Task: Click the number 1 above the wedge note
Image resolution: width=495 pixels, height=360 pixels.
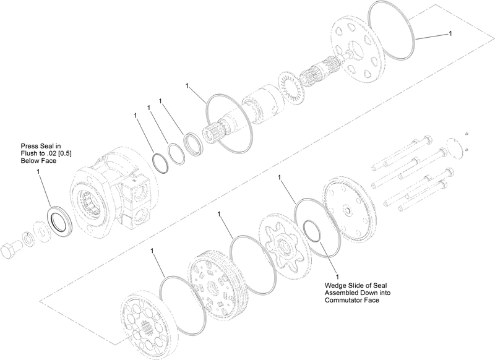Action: [x=338, y=276]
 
